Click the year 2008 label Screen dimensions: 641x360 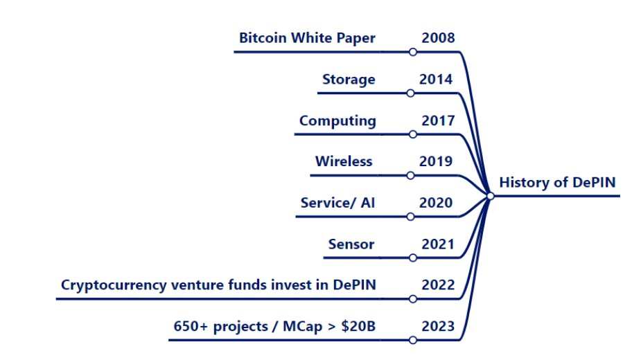click(438, 38)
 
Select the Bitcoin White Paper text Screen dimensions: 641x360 click(307, 38)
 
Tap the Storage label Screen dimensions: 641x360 click(349, 80)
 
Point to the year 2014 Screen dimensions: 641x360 click(436, 80)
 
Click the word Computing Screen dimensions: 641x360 click(337, 121)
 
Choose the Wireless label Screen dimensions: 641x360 click(344, 161)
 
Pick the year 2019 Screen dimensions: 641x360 click(436, 161)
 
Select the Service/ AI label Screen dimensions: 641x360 click(337, 203)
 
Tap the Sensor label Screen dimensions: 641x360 click(351, 244)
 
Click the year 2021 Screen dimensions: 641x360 click(438, 244)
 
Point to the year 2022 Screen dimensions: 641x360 click(438, 285)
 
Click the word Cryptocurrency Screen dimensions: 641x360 click(114, 285)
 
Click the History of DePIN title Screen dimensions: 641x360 click(557, 182)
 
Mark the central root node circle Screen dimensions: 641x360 click(490, 196)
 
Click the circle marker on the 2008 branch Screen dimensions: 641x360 click(413, 52)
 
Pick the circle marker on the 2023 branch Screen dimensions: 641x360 click(413, 340)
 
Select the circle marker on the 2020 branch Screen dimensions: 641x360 click(411, 217)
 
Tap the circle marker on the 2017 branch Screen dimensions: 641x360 click(413, 134)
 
